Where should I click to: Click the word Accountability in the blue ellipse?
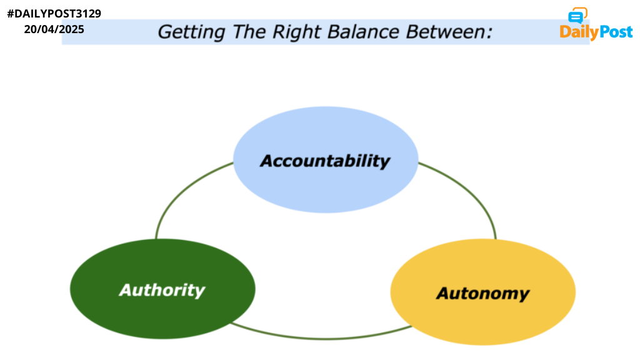tap(325, 161)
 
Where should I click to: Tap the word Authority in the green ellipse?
tap(162, 290)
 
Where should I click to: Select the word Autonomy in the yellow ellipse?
tap(483, 294)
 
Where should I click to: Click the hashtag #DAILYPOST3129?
tap(54, 14)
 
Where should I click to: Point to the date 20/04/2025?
tap(54, 29)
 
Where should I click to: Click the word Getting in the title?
tap(191, 32)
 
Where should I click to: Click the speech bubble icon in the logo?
tap(577, 16)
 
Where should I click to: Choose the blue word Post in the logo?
tap(614, 32)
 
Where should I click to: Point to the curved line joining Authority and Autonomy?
tap(322, 338)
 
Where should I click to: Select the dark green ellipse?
tap(162, 289)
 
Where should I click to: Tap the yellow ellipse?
tap(483, 292)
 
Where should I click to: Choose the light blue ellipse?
tap(326, 159)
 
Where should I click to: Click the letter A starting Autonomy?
tap(443, 293)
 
